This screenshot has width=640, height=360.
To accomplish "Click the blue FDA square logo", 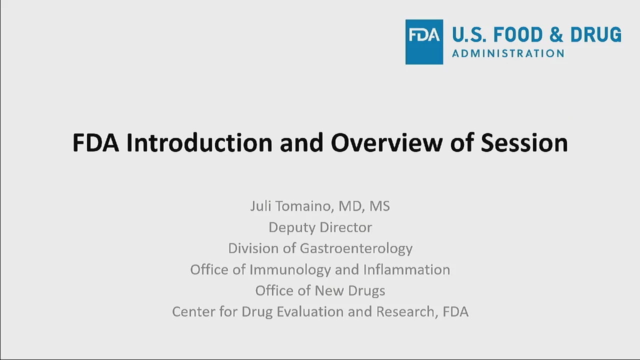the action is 424,42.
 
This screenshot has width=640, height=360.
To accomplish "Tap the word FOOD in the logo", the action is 517,34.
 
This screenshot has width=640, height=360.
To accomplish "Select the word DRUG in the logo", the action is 595,34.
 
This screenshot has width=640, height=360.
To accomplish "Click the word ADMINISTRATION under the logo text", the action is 508,53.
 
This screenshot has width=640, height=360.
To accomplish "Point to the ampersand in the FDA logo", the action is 556,34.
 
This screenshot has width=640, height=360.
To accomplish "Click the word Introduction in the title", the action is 199,142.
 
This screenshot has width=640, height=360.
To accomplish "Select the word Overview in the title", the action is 387,142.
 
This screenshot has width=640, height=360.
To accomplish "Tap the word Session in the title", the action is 524,142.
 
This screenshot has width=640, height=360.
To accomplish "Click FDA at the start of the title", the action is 95,142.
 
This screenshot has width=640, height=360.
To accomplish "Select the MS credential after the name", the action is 379,206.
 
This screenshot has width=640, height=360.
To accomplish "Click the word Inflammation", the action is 407,269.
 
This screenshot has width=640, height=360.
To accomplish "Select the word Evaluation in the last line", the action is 310,311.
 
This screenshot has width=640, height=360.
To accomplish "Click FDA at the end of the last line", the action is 455,311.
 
